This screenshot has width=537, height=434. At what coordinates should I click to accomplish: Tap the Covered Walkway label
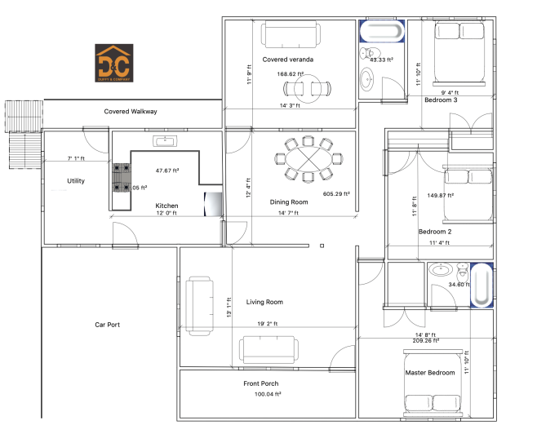click(x=131, y=111)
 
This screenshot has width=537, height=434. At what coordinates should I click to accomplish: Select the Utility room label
click(x=77, y=181)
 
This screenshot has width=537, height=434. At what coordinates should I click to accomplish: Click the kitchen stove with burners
click(x=122, y=178)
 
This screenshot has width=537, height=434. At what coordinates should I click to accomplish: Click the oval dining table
click(x=304, y=159)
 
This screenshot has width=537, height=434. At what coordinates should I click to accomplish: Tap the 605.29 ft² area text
click(x=336, y=194)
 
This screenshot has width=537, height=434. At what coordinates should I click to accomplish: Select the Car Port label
click(x=107, y=325)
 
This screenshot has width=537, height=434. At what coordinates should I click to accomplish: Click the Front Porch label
click(x=263, y=383)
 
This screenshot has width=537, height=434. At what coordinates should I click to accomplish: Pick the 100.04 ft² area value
click(x=267, y=394)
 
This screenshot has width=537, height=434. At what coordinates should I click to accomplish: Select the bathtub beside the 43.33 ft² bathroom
click(x=382, y=33)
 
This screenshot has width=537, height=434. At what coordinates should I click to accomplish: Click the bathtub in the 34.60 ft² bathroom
click(x=482, y=285)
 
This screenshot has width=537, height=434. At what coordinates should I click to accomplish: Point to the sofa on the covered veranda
click(x=290, y=34)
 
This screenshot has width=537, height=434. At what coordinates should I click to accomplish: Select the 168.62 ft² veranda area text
click(x=291, y=74)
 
